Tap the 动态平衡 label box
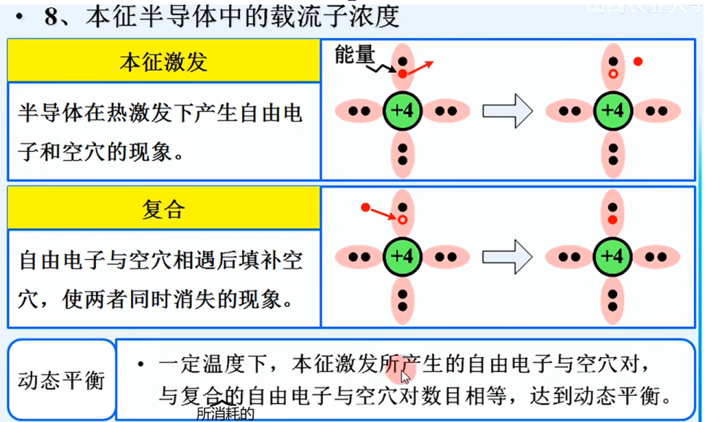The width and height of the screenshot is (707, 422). point(61,380)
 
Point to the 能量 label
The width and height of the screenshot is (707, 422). point(354,55)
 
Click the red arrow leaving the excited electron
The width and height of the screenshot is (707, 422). point(420,68)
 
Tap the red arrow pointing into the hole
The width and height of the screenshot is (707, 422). point(381,212)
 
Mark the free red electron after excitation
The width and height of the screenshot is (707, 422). point(638,62)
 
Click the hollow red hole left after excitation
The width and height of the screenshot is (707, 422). point(612,74)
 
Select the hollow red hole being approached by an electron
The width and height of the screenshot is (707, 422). point(402,219)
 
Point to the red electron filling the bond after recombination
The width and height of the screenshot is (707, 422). point(612,219)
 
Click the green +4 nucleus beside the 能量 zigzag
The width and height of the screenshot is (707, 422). point(402,111)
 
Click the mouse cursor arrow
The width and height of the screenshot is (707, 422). point(405,376)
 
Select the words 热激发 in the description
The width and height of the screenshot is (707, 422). point(130,114)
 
